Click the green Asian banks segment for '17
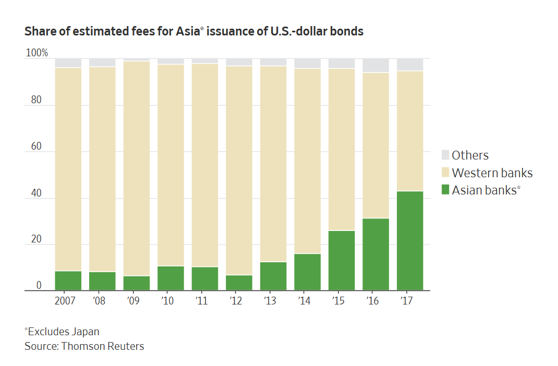tap(410, 241)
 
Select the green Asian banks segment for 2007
tap(68, 281)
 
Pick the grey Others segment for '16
tap(375, 65)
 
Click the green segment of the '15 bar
tap(342, 261)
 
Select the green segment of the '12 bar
tap(239, 283)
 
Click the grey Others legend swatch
tap(445, 155)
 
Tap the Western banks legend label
tap(492, 173)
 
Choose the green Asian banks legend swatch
tap(445, 190)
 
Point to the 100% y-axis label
tap(37, 53)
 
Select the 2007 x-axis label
tap(65, 301)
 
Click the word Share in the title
tap(39, 31)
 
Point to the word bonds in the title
tap(348, 31)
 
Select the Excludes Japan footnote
tap(62, 332)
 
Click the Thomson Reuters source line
tap(84, 346)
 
